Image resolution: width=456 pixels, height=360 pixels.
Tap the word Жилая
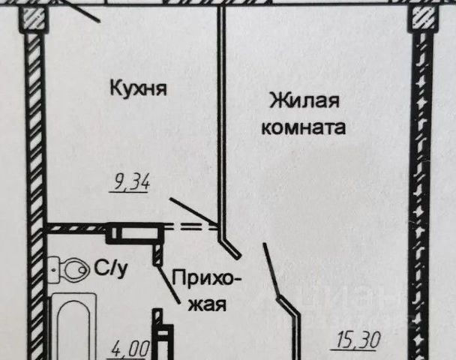304,101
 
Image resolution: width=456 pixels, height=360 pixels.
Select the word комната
304,127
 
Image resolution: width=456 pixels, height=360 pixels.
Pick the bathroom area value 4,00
130,349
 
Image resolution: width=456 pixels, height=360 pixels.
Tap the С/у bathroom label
111,269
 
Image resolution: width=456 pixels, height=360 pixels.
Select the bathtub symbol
74,326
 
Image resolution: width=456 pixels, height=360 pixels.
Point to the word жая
207,305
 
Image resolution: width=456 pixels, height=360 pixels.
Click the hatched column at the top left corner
32,18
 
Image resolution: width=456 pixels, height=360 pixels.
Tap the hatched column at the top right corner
422,18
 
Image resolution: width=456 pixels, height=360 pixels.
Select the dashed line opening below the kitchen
190,226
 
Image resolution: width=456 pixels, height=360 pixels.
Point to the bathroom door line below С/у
169,284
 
